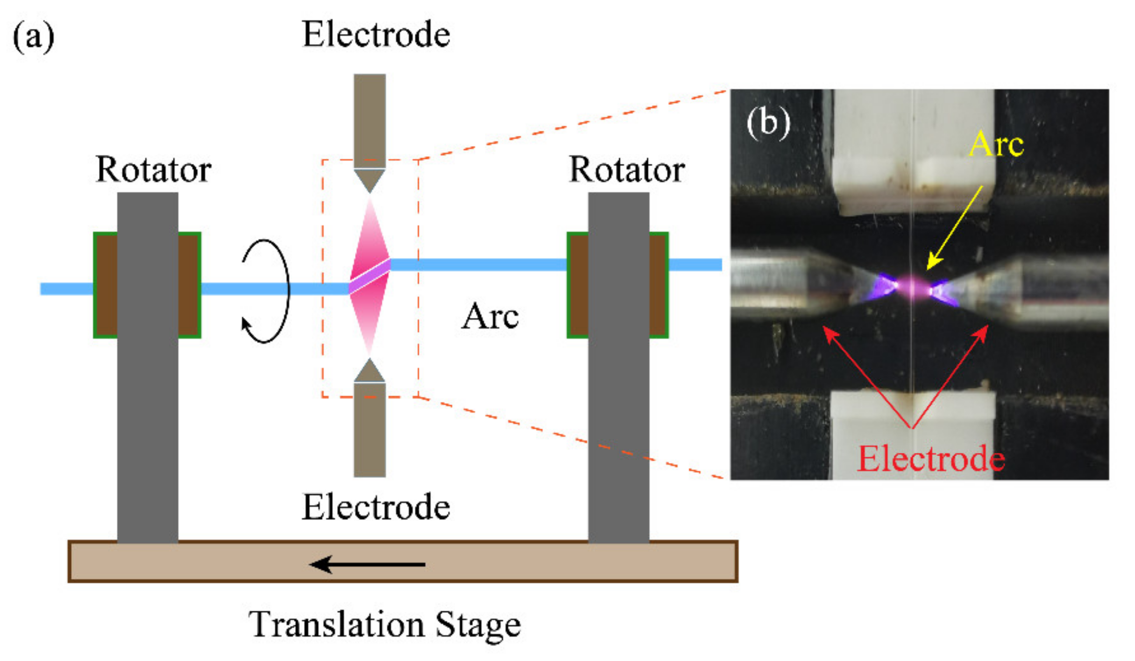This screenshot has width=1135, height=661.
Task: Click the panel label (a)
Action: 33,37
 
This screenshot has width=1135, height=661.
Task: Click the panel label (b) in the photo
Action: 768,123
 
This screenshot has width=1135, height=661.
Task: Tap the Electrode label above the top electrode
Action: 376,35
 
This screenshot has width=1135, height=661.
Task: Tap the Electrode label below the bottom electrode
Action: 376,507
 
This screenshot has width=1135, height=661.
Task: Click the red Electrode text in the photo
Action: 931,459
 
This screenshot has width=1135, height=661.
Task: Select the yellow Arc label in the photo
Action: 996,144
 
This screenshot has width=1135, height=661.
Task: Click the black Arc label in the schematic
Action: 490,316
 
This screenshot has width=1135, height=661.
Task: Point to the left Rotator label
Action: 153,169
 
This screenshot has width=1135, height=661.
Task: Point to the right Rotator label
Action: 627,169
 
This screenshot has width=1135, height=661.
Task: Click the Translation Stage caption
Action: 384,625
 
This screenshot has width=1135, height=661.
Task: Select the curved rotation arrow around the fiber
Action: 266,291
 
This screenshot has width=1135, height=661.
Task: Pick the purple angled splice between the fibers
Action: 370,276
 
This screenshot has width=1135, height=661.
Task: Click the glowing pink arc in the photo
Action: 913,287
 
